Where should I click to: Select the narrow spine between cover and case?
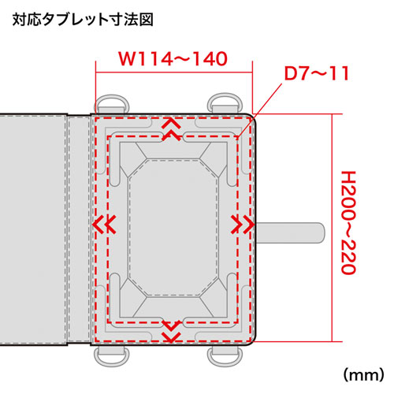(x=79, y=229)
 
